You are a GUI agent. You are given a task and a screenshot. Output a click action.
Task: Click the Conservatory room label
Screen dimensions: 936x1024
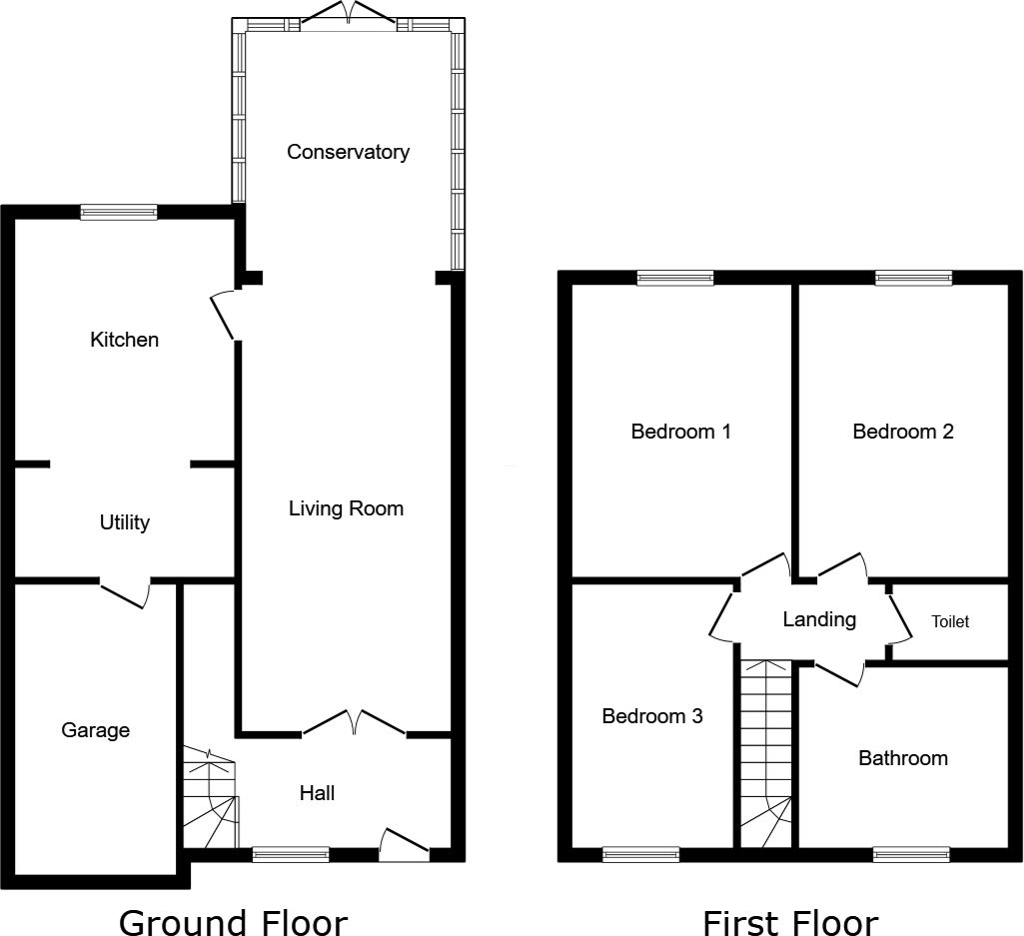pos(348,152)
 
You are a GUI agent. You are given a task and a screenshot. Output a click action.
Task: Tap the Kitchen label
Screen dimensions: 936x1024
pos(124,340)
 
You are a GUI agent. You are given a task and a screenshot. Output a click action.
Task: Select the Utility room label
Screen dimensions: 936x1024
pos(125,522)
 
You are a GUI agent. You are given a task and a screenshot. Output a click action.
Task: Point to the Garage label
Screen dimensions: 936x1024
pos(96,730)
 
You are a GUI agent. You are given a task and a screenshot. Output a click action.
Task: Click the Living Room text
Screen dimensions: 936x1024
pos(346,508)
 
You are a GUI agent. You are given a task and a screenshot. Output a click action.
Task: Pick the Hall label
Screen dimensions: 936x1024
pos(318,793)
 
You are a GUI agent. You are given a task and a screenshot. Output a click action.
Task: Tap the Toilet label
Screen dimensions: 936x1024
pos(950,621)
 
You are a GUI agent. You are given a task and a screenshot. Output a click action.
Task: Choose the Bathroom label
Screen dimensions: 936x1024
pos(903,758)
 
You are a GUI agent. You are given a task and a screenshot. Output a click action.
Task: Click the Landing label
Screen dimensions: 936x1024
pos(819,619)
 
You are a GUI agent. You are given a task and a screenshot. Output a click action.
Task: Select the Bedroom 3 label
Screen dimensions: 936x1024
pos(652,716)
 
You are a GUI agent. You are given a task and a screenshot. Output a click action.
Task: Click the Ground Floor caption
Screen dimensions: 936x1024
pos(233,922)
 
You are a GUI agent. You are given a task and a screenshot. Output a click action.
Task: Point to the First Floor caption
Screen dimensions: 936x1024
pos(790,922)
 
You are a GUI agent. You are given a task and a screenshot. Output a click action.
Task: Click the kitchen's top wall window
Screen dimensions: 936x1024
pos(119,211)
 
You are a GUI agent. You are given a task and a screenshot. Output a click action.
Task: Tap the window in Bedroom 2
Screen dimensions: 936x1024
pos(913,279)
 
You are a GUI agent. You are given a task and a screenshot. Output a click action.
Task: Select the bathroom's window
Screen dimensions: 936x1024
pos(910,854)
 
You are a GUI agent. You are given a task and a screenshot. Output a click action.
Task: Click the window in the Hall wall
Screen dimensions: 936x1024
pos(291,854)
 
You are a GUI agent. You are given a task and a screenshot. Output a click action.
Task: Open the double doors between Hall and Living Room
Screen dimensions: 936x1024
pos(354,723)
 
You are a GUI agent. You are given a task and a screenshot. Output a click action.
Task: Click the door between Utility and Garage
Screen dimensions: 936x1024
pos(125,592)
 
